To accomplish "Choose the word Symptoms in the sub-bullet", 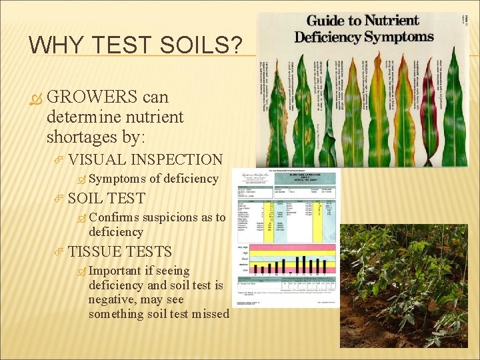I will [117, 179].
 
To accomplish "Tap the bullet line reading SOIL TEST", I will [106, 198].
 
